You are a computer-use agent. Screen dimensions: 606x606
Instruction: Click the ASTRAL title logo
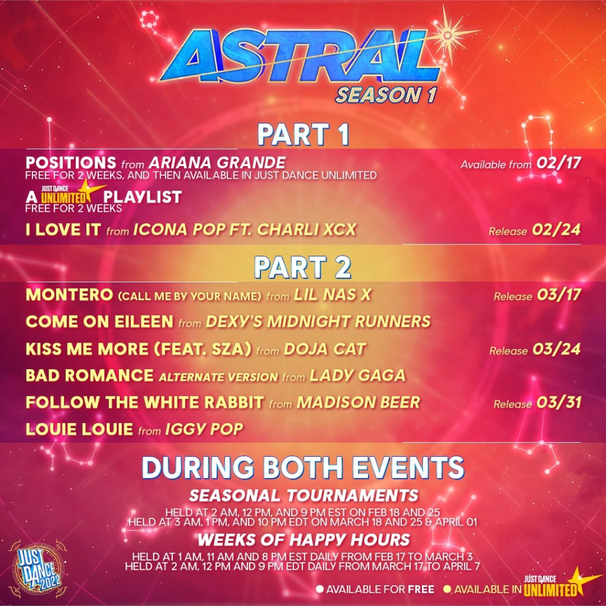coord(299,56)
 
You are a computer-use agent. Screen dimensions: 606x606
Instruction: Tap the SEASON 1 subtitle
coord(386,95)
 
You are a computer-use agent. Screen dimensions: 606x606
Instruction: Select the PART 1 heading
coord(303,134)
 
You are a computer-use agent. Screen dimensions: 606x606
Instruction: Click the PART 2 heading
coord(302,267)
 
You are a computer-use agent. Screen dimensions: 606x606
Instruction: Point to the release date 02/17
coord(559,163)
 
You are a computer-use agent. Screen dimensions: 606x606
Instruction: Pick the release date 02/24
coord(556,230)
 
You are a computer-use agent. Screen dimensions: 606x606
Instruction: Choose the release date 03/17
coord(559,295)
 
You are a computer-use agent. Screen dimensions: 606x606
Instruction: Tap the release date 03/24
coord(556,349)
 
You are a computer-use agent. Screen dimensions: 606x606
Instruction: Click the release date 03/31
coord(559,402)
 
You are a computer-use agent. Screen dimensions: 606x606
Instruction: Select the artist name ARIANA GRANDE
coord(217,163)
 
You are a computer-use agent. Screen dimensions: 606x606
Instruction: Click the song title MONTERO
coord(69,295)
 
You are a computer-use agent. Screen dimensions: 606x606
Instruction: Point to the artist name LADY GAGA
coord(357,375)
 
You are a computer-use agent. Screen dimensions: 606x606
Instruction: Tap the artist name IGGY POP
coord(204,429)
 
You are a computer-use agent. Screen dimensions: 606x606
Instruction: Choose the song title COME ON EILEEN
coord(99,321)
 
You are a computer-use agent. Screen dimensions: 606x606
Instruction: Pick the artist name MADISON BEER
coord(358,402)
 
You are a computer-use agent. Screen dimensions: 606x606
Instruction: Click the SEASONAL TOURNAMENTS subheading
coord(304,495)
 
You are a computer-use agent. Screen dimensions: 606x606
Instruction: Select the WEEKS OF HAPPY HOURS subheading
coord(304,540)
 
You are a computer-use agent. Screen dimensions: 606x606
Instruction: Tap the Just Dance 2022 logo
coord(38,569)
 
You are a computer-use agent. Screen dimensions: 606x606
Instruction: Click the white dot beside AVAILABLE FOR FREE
coord(320,589)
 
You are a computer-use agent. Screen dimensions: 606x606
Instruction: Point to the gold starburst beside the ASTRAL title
coord(448,36)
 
